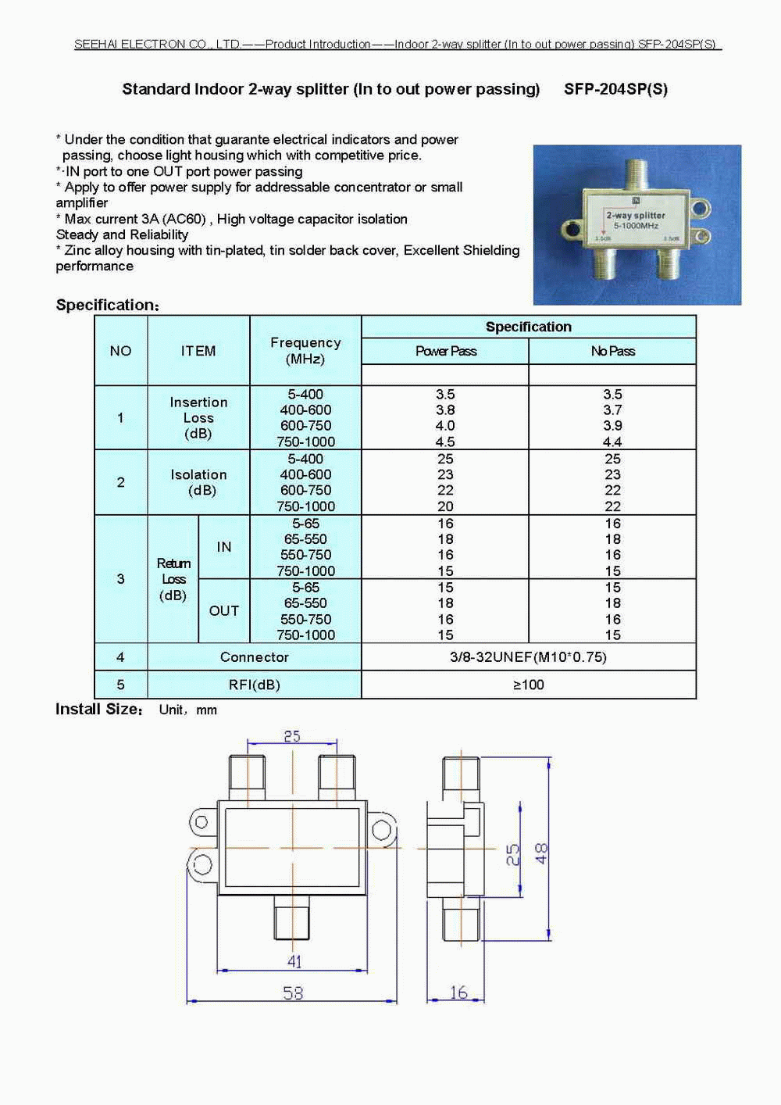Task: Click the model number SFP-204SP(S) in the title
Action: coord(615,89)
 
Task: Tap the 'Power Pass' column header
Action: coord(445,351)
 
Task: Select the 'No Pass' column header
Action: coord(612,351)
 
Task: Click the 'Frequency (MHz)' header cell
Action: coord(305,351)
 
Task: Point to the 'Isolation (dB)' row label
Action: coord(198,482)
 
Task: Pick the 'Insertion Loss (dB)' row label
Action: coord(198,417)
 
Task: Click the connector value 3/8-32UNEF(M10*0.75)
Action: coord(528,657)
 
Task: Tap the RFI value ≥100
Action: coord(528,685)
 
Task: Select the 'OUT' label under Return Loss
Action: coord(223,611)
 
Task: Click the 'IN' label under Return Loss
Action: coord(223,547)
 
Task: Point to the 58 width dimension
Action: coord(293,992)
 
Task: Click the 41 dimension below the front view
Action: coord(294,961)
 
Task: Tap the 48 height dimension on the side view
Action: coord(541,853)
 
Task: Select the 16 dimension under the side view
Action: coord(458,992)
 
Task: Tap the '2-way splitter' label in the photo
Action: coord(636,215)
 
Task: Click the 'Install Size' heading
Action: coord(98,710)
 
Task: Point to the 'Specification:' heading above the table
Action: coord(107,305)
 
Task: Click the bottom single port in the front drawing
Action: coord(292,917)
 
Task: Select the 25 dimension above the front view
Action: coord(291,736)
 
